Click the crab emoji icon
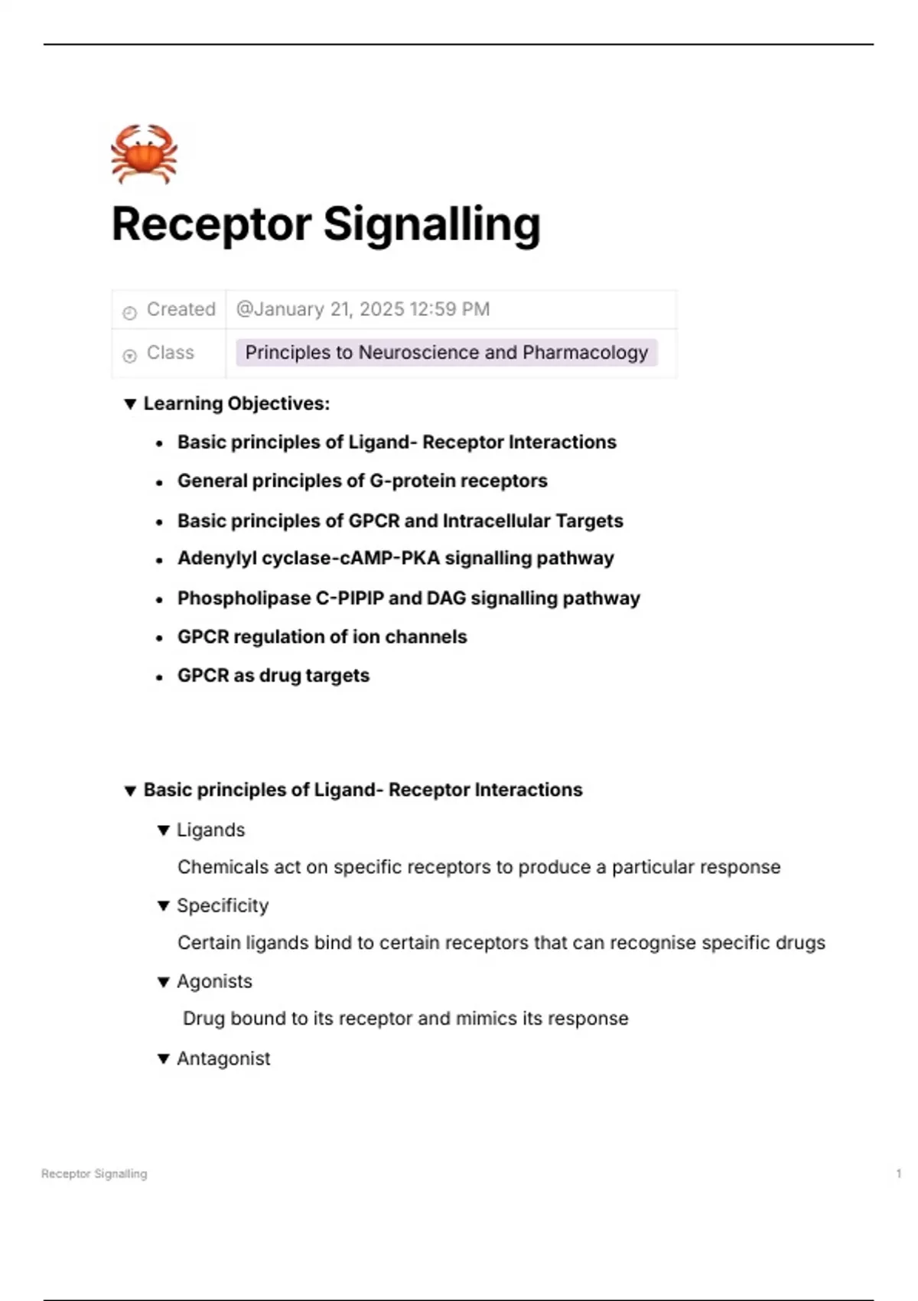[x=144, y=154]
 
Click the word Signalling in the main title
[x=431, y=225]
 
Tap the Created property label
[x=181, y=309]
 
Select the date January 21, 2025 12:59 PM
[x=363, y=309]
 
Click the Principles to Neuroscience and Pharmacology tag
[x=446, y=353]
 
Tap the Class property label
[x=170, y=353]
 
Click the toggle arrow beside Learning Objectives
[x=130, y=403]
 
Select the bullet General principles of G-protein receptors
[x=363, y=481]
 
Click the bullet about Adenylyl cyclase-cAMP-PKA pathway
[x=396, y=558]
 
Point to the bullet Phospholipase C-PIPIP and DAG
[x=409, y=598]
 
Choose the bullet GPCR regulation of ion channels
[x=322, y=637]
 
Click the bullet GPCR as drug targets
[x=273, y=676]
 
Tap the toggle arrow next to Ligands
[x=163, y=830]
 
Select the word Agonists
[x=214, y=982]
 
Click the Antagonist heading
[x=223, y=1059]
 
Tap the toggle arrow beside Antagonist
[x=163, y=1059]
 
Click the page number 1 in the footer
[x=899, y=1174]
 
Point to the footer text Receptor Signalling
[x=94, y=1174]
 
